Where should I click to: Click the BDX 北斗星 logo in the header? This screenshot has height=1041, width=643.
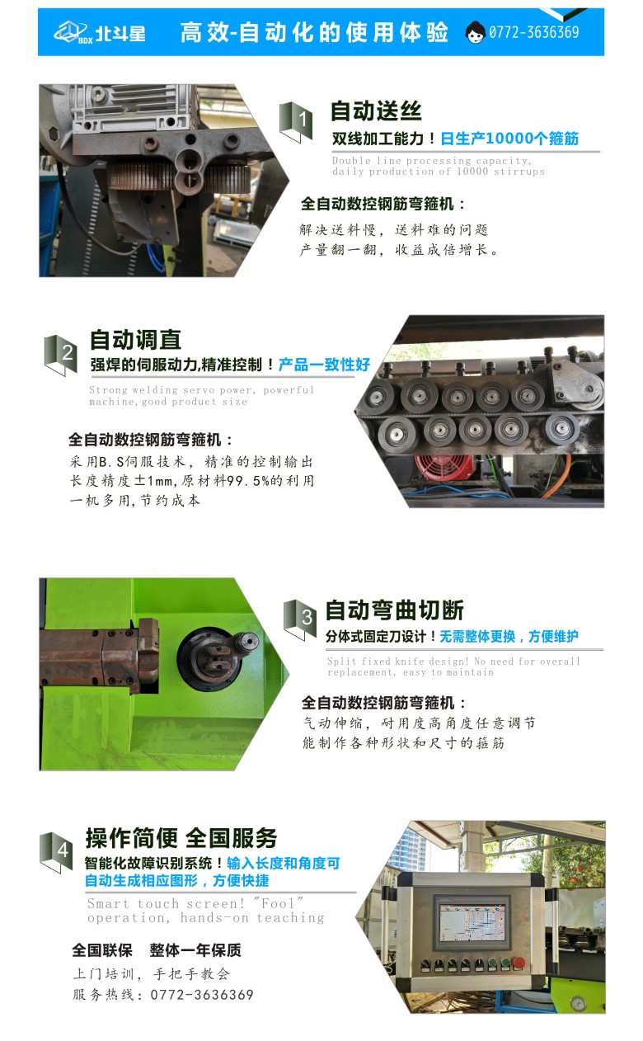pos(100,32)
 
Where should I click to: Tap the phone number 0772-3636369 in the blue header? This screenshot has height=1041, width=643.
pos(533,32)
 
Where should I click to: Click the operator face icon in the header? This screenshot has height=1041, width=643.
pos(475,32)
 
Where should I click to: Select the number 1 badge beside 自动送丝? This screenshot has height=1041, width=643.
pos(296,121)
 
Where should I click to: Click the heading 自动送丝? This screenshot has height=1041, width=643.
pos(376,111)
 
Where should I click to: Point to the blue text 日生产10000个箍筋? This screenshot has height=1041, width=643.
pos(509,139)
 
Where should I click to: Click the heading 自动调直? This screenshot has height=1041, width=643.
pos(135,340)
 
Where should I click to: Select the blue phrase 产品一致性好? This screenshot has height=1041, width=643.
pos(324,365)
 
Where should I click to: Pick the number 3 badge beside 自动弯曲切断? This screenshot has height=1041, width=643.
pos(300,618)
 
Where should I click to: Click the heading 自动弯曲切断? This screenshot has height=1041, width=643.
pos(394,610)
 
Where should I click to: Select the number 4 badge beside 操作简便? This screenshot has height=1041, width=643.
pos(56,850)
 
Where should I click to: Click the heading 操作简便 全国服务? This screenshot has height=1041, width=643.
pos(181,838)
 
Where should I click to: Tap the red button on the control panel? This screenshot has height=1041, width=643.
pos(519,963)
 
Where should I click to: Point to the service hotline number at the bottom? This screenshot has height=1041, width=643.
pos(201,995)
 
